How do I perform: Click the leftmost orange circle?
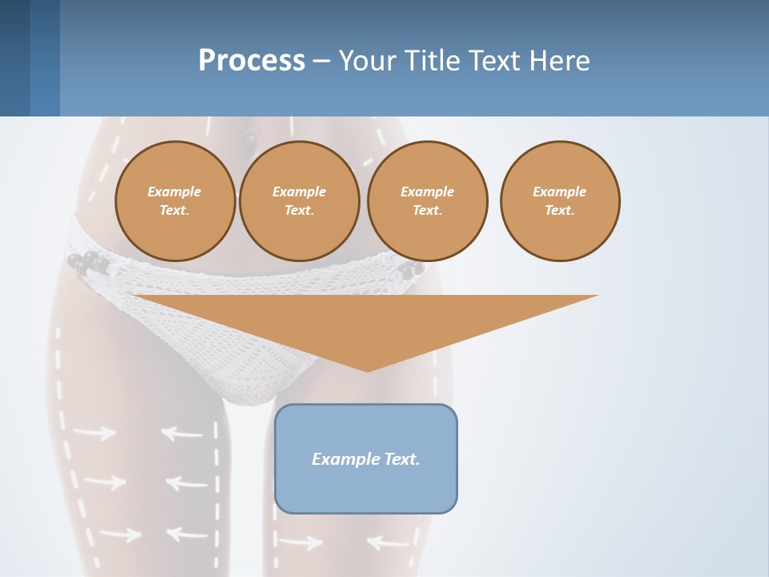(x=175, y=200)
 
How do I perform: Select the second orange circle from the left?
(x=300, y=200)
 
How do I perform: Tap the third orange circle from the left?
(x=428, y=200)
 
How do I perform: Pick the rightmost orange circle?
(x=560, y=200)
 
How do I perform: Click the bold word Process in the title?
(x=252, y=61)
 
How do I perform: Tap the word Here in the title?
(x=559, y=61)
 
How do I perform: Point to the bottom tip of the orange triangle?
(x=367, y=370)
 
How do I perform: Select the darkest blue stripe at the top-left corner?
(x=14, y=58)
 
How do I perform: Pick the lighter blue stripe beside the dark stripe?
(x=45, y=58)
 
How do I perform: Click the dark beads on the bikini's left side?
(x=87, y=262)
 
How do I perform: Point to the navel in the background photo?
(x=250, y=143)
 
